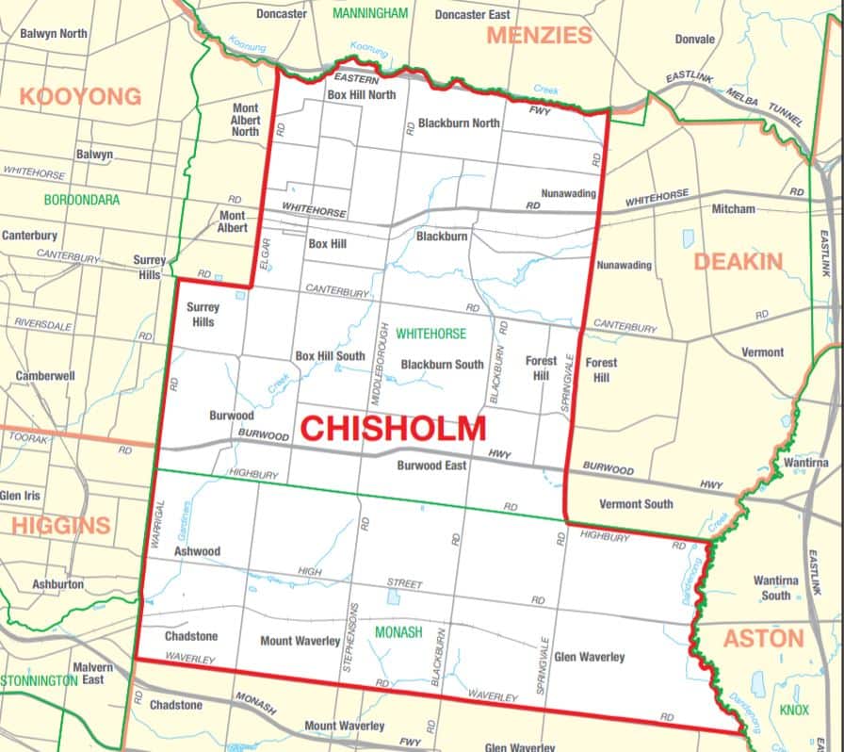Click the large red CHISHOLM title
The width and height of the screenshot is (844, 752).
pyautogui.click(x=393, y=429)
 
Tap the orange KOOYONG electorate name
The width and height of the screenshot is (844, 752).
pyautogui.click(x=80, y=96)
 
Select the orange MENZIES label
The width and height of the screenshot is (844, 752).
pyautogui.click(x=539, y=36)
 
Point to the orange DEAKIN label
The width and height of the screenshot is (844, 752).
pyautogui.click(x=738, y=261)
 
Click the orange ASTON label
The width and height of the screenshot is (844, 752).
pyautogui.click(x=763, y=639)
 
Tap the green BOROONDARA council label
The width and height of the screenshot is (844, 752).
pyautogui.click(x=81, y=200)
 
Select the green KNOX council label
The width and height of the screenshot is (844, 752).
pyautogui.click(x=794, y=710)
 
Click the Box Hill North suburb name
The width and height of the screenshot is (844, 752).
pyautogui.click(x=362, y=95)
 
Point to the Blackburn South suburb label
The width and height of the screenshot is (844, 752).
pyautogui.click(x=442, y=365)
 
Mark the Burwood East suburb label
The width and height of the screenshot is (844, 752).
pyautogui.click(x=431, y=466)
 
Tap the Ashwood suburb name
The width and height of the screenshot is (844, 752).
pyautogui.click(x=197, y=551)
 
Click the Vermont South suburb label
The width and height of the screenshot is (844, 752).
pyautogui.click(x=636, y=504)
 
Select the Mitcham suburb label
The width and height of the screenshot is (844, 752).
pyautogui.click(x=734, y=208)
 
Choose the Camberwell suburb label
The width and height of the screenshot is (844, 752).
pyautogui.click(x=45, y=376)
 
